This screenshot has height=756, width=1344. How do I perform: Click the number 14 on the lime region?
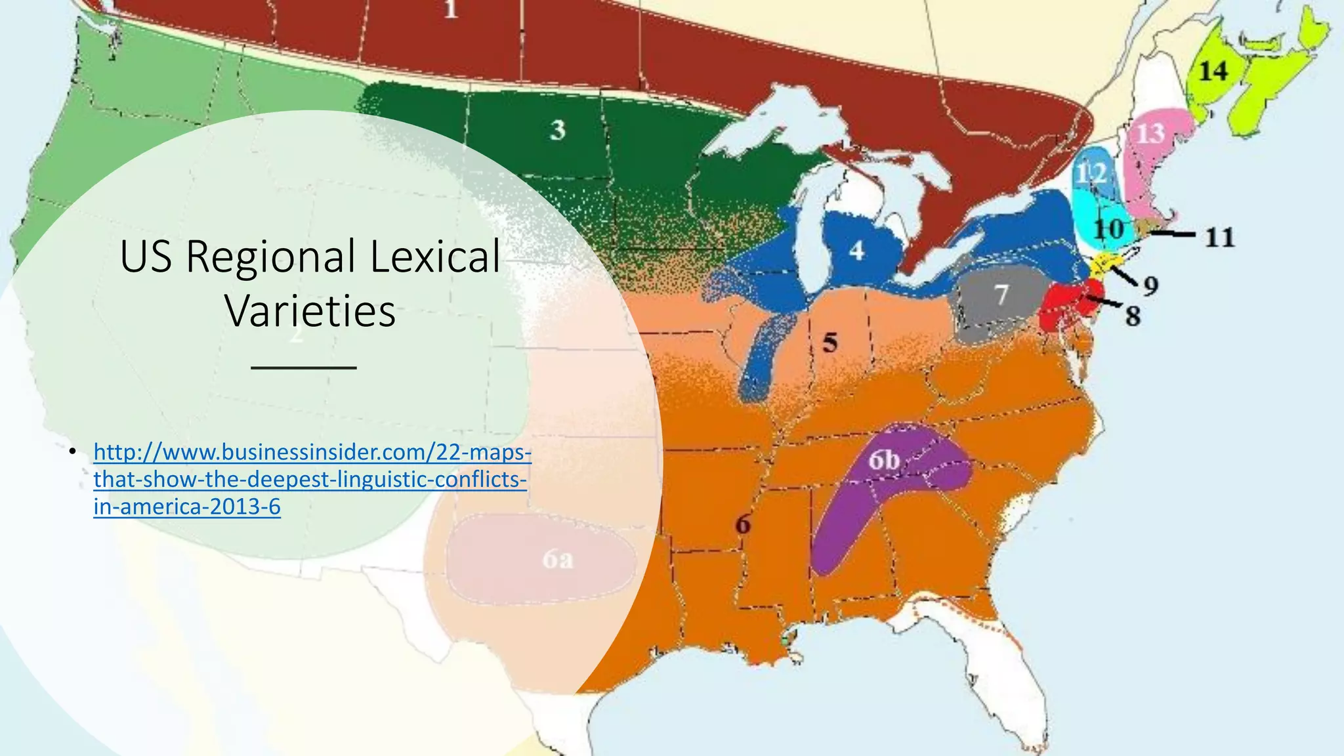click(1213, 71)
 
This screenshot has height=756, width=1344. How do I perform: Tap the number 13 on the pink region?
click(1150, 134)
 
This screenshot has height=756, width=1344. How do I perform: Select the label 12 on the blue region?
click(1091, 174)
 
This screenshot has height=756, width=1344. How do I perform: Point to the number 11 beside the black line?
click(1220, 237)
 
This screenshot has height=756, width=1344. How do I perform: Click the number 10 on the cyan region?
click(1108, 230)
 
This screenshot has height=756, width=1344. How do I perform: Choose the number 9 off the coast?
click(1150, 285)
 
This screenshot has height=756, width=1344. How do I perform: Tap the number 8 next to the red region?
click(1133, 316)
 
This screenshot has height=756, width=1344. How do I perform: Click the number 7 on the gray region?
click(1001, 295)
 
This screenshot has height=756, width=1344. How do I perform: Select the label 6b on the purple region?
click(884, 460)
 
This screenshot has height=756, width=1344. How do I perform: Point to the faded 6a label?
click(558, 559)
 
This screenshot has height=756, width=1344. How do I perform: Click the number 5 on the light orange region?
click(830, 343)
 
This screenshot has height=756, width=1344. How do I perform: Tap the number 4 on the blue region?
click(856, 251)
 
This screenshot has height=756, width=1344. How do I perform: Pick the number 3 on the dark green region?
click(558, 130)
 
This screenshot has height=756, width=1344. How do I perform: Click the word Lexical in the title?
click(435, 256)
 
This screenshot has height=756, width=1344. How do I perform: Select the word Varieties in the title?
click(310, 310)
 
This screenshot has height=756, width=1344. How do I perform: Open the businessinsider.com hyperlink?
click(312, 479)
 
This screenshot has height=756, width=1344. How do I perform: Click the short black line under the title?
click(304, 367)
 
